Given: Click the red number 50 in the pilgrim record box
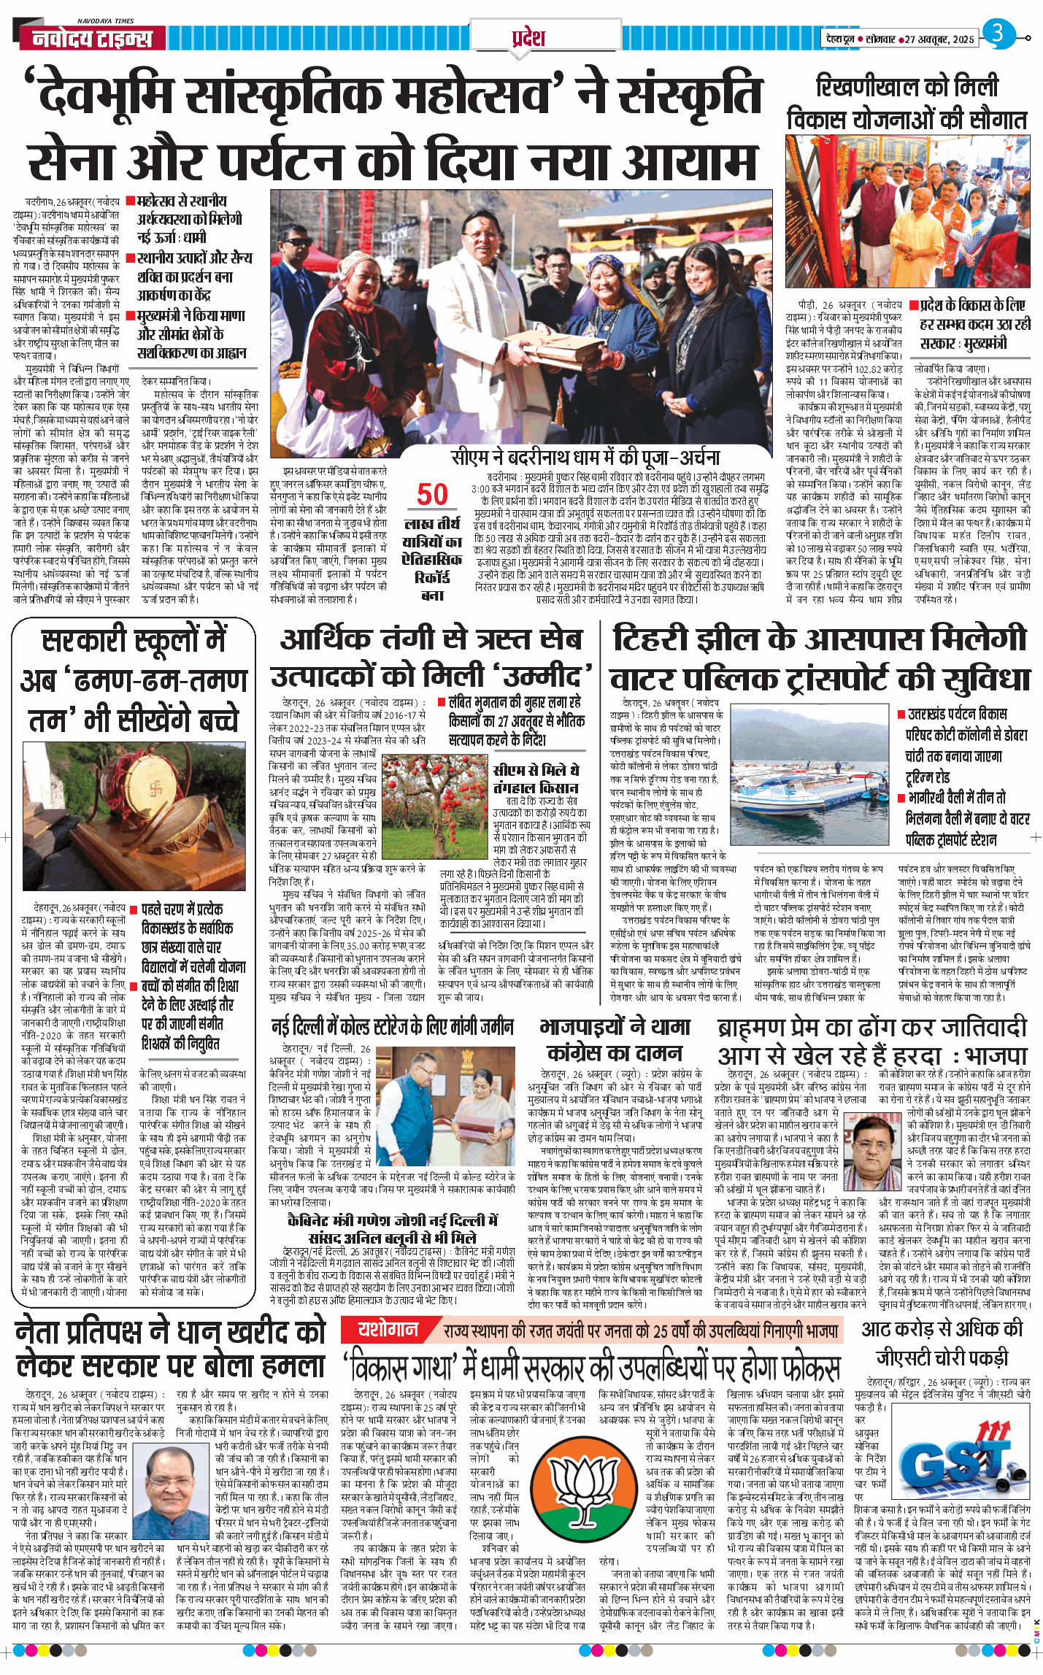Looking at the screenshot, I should click(x=432, y=494).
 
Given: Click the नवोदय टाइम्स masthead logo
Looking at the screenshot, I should click(x=92, y=39).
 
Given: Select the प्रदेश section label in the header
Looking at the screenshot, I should click(x=528, y=37).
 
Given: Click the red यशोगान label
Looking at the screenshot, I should click(x=388, y=1329).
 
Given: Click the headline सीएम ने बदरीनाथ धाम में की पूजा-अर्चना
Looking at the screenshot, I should click(x=585, y=458).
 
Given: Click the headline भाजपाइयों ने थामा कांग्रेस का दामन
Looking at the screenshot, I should click(x=615, y=1039).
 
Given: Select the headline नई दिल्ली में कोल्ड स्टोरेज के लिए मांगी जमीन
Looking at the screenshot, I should click(x=393, y=1027).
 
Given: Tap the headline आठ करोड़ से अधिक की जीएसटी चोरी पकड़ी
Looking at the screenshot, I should click(x=942, y=1343).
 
